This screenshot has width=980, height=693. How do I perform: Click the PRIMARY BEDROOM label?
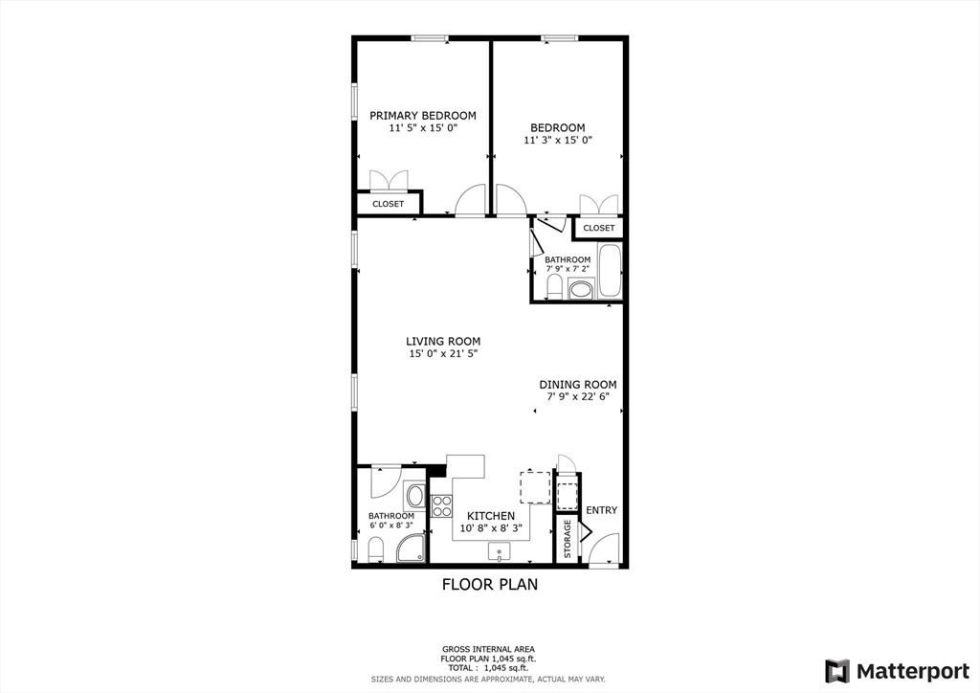coord(423,116)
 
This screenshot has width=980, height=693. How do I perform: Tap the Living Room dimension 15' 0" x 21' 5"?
coord(442,354)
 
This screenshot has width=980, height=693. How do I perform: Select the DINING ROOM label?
coord(577,385)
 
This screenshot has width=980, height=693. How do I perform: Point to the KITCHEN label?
coord(491,516)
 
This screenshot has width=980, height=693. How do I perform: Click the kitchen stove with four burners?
coord(441,505)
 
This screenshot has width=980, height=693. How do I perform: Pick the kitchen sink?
coord(500,552)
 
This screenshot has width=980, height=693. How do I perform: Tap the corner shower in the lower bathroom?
coord(412,548)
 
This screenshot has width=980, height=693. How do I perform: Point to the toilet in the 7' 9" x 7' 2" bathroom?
coord(551,286)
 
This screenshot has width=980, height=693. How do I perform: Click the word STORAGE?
coord(568,539)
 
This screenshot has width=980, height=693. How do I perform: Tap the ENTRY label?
coord(601,510)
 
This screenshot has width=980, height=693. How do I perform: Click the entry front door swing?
coord(602,550)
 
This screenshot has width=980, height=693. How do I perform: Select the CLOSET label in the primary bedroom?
coord(388,204)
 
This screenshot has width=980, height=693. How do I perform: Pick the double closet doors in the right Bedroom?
coord(599,205)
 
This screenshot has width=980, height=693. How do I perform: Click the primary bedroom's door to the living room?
coord(470,203)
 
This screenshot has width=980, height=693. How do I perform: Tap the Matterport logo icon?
coord(837,670)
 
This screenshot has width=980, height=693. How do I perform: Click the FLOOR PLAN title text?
coord(489,584)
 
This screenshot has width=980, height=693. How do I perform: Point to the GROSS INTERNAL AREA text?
coord(488,649)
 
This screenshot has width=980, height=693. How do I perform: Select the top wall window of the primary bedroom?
coord(431,38)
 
